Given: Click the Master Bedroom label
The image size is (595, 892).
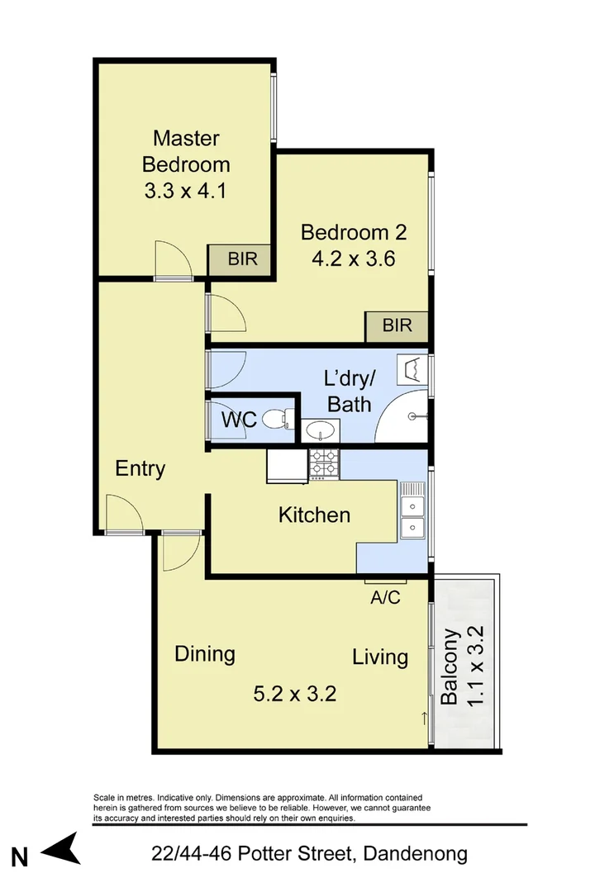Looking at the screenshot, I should click(186, 149).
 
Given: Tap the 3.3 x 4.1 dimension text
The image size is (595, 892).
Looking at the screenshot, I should click(186, 191).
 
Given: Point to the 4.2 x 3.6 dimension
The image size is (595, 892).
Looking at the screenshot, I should click(354, 259).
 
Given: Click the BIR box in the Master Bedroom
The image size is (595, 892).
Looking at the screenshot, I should click(242, 259).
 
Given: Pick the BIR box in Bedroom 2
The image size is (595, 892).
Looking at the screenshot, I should click(397, 325).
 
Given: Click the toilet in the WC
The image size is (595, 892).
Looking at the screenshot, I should click(277, 420).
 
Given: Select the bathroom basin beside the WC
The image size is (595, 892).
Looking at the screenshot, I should click(320, 429).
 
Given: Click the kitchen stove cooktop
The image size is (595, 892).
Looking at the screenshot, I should click(324, 464).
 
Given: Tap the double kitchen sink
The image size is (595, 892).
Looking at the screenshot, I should click(412, 515).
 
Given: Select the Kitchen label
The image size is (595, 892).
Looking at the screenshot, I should click(314, 515).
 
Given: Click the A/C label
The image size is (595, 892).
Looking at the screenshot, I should click(385, 597).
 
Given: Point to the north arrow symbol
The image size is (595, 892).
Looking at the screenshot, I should click(62, 849).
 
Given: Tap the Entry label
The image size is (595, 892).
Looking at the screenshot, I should click(140, 468).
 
